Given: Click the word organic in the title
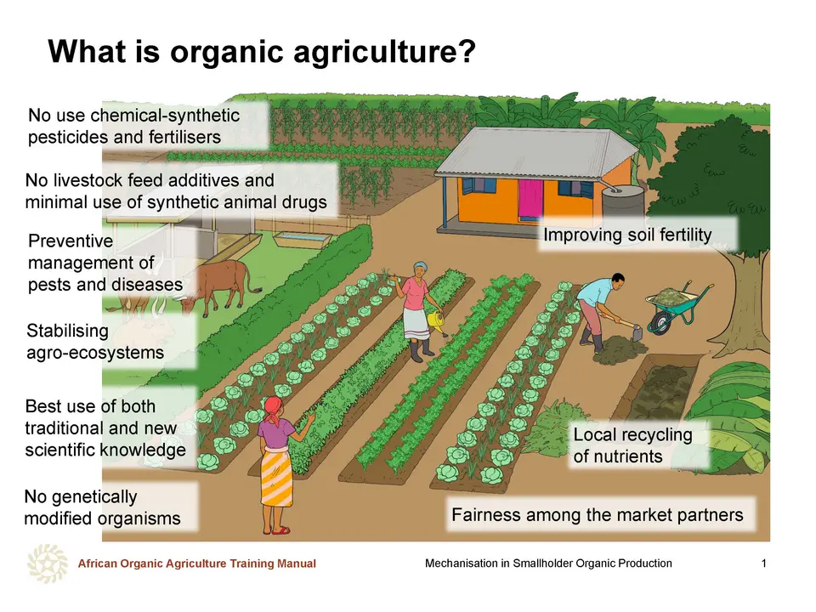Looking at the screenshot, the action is pyautogui.click(x=227, y=53).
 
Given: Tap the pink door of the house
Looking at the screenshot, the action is pyautogui.click(x=530, y=200).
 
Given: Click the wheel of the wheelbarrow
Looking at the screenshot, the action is pyautogui.click(x=660, y=322).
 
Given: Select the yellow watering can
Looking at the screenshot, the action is pyautogui.click(x=436, y=322).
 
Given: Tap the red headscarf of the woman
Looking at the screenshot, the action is pyautogui.click(x=273, y=407).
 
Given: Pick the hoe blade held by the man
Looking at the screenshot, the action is pyautogui.click(x=637, y=331).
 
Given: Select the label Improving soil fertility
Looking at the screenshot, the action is pyautogui.click(x=627, y=235).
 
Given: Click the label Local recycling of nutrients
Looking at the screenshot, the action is pyautogui.click(x=632, y=445).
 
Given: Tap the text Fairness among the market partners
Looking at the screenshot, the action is pyautogui.click(x=598, y=515).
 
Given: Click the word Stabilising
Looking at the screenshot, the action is pyautogui.click(x=68, y=331).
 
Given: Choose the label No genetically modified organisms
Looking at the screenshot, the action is pyautogui.click(x=102, y=507).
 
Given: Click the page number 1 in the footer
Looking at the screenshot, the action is pyautogui.click(x=763, y=563).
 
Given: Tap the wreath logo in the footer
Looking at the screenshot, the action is pyautogui.click(x=48, y=564).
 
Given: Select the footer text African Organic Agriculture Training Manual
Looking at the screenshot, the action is pyautogui.click(x=196, y=564).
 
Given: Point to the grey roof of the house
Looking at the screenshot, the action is pyautogui.click(x=536, y=152).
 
